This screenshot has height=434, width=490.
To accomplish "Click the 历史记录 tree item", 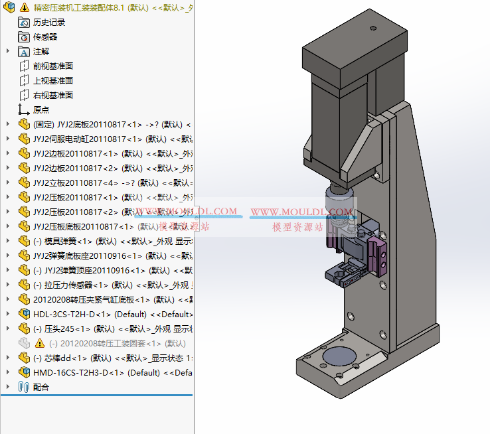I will coord(49,23).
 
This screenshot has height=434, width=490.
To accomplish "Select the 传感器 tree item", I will coord(45,37).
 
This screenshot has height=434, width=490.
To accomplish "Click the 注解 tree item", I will coord(41,52).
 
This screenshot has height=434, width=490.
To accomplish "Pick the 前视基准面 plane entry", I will coord(53,66).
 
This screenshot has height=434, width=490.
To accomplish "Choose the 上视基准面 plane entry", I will coord(53,81).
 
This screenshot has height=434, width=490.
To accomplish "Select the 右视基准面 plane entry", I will coord(53,96).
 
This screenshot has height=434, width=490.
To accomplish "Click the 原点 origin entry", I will coord(41,110).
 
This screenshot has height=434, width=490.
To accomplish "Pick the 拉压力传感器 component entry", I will coord(73,285).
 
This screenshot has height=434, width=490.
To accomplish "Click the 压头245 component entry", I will coord(66,329).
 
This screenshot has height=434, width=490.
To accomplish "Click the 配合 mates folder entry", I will coord(41,388).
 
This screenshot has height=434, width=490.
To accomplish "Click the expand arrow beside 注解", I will coord(8,52).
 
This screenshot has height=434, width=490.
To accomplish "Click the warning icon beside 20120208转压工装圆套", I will coord(39,344).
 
